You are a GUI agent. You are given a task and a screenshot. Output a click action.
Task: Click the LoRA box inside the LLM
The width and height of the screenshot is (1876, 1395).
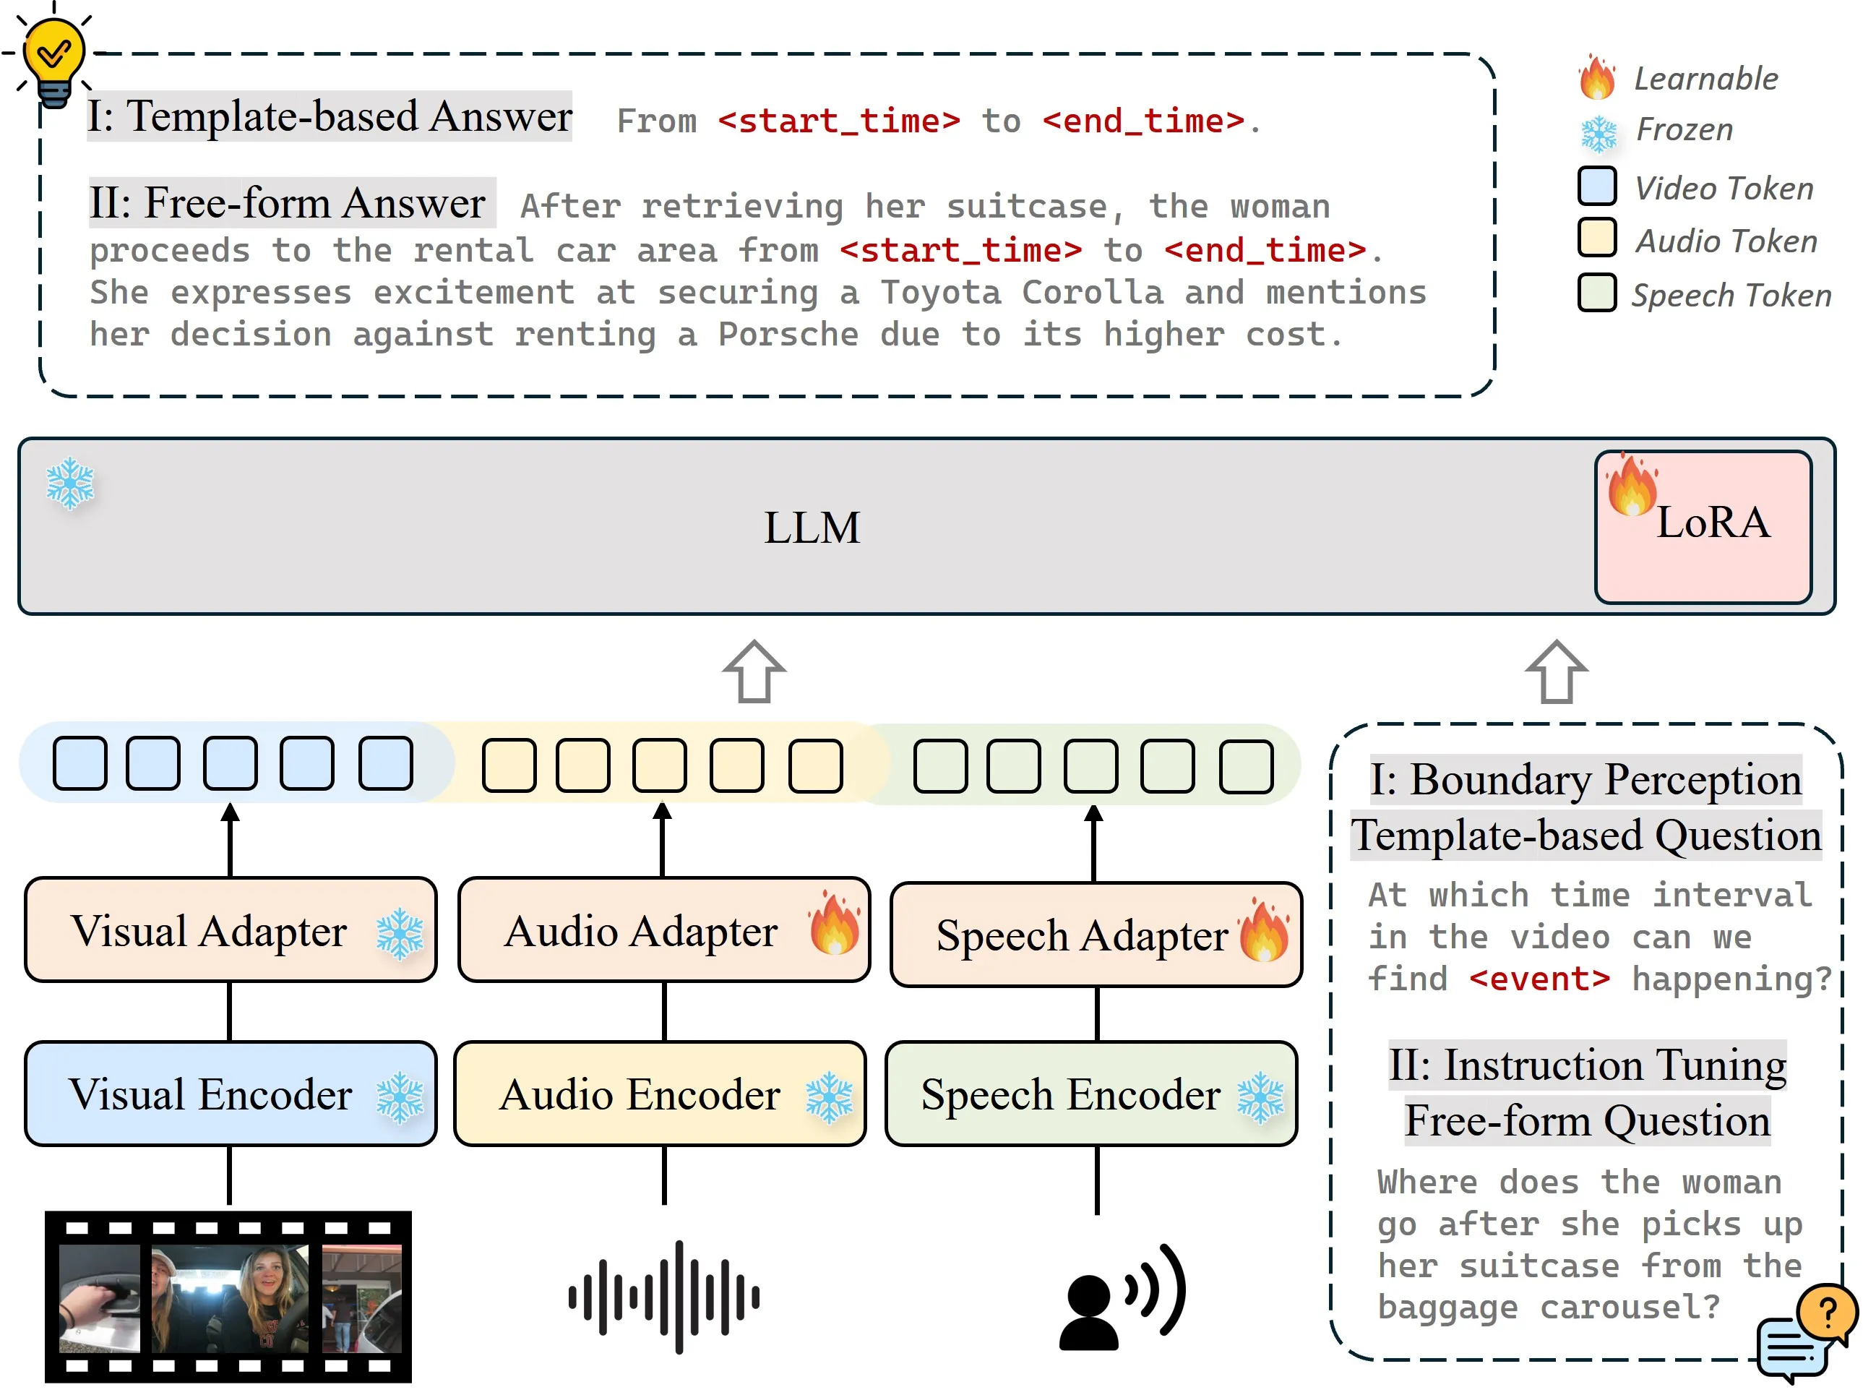point(1702,526)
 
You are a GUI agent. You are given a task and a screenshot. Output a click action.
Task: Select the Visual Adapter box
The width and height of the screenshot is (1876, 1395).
point(230,930)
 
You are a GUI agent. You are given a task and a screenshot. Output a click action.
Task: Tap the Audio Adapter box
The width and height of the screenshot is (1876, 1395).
point(663,930)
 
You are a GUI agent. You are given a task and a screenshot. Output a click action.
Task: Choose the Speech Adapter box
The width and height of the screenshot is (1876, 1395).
point(1096,935)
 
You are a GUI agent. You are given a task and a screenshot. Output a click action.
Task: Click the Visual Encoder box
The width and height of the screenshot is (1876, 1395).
point(230,1094)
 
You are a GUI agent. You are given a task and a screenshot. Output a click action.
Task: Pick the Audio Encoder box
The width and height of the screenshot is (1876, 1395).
point(659,1094)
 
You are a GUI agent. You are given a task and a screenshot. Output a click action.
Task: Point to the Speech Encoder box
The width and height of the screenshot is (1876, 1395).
point(1090,1094)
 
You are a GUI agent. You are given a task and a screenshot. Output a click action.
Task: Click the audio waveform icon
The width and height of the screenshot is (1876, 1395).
point(663,1296)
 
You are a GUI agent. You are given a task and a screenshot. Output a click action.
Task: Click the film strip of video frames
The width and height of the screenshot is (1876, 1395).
point(228,1296)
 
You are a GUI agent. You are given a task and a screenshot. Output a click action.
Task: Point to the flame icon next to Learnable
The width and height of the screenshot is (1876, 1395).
point(1596,77)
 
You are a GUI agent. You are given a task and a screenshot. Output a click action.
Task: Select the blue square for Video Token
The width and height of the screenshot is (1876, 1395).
point(1596,186)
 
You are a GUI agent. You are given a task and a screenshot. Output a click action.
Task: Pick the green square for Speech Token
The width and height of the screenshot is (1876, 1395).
point(1596,293)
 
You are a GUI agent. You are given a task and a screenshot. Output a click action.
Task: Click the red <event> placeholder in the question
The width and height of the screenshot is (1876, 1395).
point(1539,979)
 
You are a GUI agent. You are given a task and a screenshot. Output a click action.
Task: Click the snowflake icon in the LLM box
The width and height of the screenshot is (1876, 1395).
point(70,483)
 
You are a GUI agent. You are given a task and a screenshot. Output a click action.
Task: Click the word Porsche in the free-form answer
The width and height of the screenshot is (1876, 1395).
point(788,335)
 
